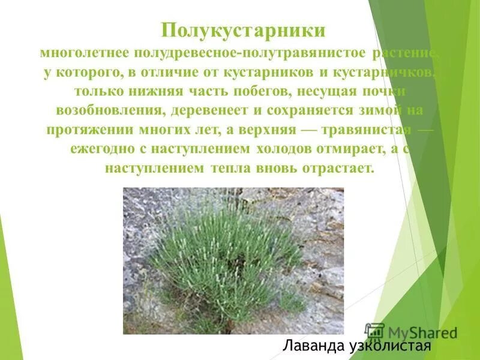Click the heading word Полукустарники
point(244,31)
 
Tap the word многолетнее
point(85,53)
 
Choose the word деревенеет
point(205,111)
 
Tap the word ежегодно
point(100,149)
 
